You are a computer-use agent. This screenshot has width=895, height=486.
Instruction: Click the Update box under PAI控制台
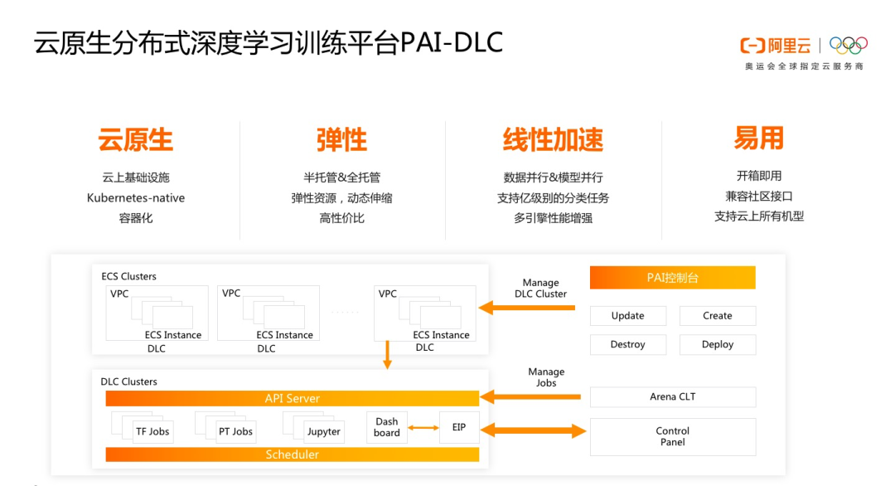tap(627, 316)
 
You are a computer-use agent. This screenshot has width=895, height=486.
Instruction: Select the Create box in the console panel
tap(717, 316)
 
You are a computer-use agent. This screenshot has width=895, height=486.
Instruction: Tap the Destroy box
tap(627, 344)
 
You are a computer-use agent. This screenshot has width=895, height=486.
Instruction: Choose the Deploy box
tap(717, 344)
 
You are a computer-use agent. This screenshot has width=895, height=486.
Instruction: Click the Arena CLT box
tap(672, 397)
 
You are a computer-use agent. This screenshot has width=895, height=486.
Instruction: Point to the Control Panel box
tap(672, 436)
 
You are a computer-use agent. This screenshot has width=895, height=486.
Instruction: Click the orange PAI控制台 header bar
tap(672, 278)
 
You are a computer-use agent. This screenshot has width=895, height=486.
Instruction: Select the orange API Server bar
tap(292, 399)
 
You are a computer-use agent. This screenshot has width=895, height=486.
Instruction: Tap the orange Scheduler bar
tap(292, 454)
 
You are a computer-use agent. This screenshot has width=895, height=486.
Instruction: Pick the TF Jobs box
tap(152, 431)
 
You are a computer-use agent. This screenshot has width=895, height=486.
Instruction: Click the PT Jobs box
tap(235, 431)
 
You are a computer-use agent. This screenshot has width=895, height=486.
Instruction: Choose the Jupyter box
tap(323, 431)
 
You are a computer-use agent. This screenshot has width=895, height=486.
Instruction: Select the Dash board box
tap(386, 427)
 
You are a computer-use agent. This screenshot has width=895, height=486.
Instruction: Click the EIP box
tap(458, 427)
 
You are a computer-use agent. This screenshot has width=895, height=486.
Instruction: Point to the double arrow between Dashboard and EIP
tap(423, 428)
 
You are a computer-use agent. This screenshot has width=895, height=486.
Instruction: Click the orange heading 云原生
tap(135, 140)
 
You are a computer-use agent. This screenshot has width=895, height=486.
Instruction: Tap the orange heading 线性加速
tap(553, 140)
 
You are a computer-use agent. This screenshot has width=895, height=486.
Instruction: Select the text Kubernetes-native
tap(135, 198)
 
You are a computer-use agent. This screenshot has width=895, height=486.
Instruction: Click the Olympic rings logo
tap(848, 45)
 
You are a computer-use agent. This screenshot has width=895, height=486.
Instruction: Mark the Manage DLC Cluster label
tap(540, 289)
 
